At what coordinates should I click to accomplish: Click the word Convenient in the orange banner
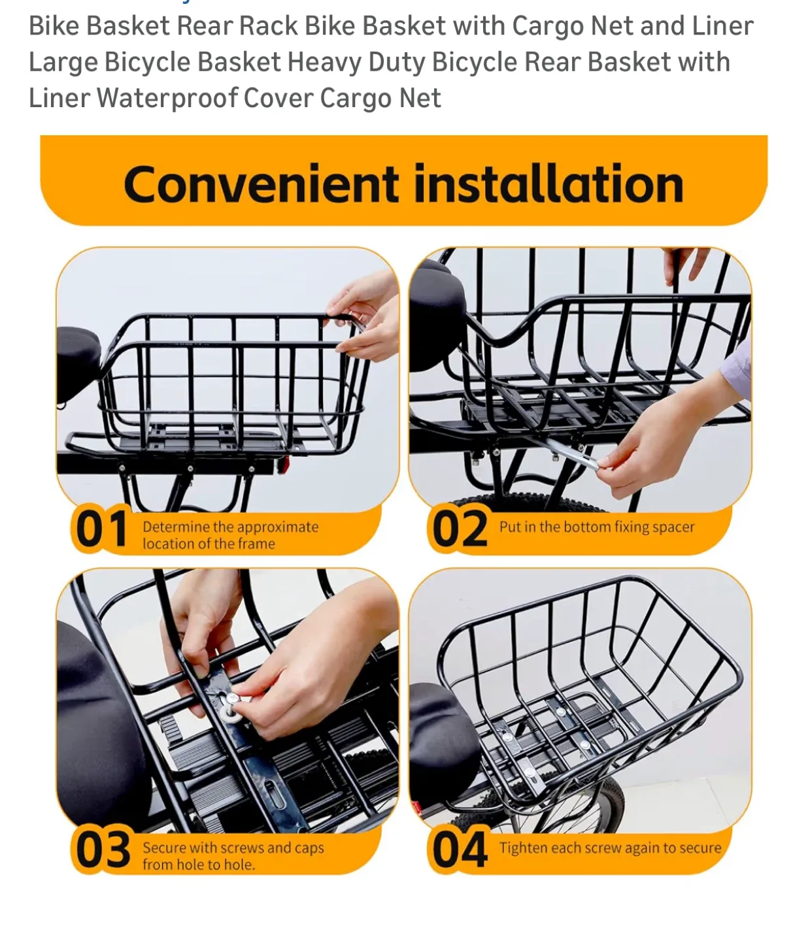pos(260,184)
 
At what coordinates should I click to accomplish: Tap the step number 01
pos(100,529)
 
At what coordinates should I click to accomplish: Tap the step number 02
pos(460,529)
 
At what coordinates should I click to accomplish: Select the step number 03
pos(103,850)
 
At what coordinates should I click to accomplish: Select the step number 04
pos(460,850)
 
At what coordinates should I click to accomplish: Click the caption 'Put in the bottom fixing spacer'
pos(596,527)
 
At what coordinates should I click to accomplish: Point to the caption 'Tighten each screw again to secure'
pos(610,848)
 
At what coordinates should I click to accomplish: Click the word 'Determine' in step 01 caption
pos(175,527)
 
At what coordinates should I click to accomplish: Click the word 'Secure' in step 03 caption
pos(164,848)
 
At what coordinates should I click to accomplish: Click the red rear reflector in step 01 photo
pos(282,465)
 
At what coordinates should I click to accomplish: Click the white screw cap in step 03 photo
pos(231,704)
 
